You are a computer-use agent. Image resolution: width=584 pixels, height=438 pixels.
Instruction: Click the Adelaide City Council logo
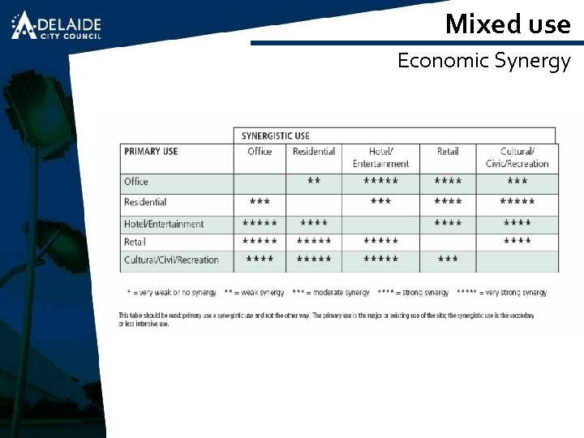pos(56,26)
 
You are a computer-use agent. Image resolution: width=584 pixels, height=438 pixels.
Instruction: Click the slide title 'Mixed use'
pos(508,24)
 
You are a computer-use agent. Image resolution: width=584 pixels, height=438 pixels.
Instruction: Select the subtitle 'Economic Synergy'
pos(484,61)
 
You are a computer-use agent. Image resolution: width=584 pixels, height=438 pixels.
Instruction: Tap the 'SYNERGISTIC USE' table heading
pos(275,135)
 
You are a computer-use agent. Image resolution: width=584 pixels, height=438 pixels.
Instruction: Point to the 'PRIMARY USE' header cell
pos(151,152)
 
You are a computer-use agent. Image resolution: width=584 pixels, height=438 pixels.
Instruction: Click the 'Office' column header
pos(260,152)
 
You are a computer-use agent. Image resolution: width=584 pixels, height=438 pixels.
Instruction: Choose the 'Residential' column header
pos(313,152)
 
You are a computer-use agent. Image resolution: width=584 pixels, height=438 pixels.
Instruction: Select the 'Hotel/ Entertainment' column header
pos(380,157)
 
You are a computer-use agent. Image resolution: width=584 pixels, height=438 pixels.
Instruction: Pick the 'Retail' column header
pos(448,152)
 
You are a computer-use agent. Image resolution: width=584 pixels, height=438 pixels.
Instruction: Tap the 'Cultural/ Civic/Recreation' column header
pos(517,157)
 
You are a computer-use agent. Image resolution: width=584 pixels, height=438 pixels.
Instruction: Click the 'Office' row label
pos(136,182)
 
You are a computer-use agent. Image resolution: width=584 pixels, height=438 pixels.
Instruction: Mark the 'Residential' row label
pos(145,202)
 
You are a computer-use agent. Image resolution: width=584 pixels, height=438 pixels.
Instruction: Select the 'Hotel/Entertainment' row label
pos(164,224)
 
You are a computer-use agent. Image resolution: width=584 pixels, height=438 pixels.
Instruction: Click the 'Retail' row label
pos(135,242)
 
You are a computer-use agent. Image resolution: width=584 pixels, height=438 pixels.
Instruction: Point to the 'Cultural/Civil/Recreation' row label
pos(171,260)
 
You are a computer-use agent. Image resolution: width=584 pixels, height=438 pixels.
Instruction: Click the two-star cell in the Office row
pos(314,182)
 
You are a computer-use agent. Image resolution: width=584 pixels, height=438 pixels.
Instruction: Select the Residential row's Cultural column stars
pos(517,202)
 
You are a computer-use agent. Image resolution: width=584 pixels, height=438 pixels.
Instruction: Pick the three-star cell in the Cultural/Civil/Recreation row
pos(448,260)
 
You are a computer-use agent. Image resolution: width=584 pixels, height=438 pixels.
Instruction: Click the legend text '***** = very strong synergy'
pos(502,292)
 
